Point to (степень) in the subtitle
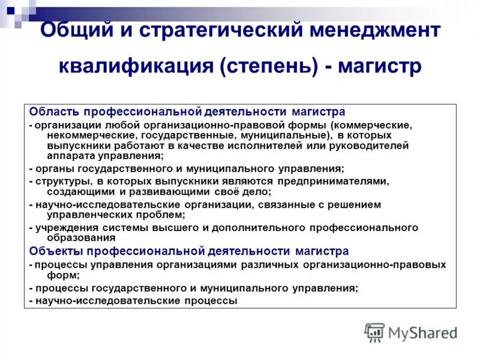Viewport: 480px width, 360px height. [x=269, y=67]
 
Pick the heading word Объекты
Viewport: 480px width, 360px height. [x=55, y=251]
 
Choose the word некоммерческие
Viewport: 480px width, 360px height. [x=85, y=136]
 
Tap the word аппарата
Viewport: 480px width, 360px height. [x=68, y=155]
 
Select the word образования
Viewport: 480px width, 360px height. [x=76, y=238]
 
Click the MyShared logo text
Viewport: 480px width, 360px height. [x=421, y=332]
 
